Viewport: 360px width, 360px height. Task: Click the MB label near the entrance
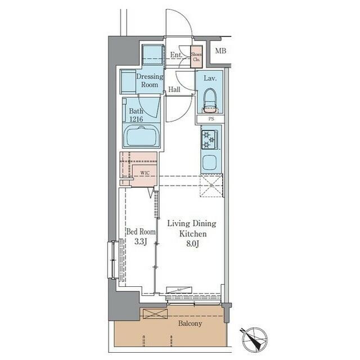pos(221,51)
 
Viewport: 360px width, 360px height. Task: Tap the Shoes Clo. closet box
pos(196,57)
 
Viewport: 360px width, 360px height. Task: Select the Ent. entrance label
pos(175,55)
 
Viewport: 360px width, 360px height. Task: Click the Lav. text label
pos(210,79)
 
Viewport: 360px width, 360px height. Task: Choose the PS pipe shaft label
pos(211,119)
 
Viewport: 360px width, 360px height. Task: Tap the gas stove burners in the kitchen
pos(209,139)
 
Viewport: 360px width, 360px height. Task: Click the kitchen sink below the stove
pos(210,162)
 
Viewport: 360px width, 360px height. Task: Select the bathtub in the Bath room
pos(142,136)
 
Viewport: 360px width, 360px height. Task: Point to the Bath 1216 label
pos(136,115)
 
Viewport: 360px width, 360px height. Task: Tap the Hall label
pos(174,89)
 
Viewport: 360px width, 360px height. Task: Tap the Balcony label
pos(190,323)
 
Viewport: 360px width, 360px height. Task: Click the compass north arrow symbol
pos(253,339)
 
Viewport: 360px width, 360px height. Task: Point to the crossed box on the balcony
pos(155,313)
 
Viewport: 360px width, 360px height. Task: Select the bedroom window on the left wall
pos(113,259)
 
